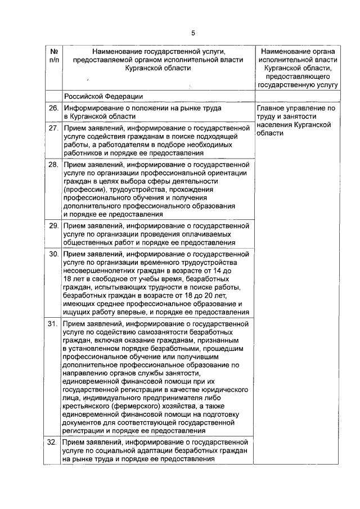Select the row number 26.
pyautogui.click(x=53, y=107)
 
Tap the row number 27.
pyautogui.click(x=53, y=129)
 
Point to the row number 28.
pyautogui.click(x=53, y=165)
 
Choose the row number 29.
pyautogui.click(x=53, y=226)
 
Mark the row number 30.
pyautogui.click(x=53, y=254)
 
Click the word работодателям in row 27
pyautogui.click(x=117, y=145)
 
